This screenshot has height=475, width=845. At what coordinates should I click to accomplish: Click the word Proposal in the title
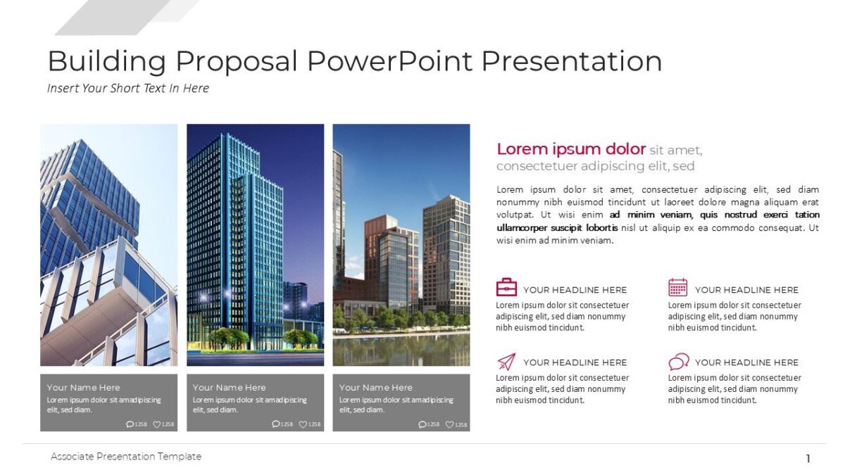[x=237, y=62]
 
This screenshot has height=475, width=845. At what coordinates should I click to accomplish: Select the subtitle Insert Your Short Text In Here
[x=128, y=88]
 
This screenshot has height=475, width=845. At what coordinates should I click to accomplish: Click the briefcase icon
[x=506, y=287]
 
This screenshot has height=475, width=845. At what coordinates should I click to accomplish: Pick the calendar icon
[x=677, y=287]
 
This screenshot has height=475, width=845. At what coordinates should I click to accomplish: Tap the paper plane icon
[x=506, y=362]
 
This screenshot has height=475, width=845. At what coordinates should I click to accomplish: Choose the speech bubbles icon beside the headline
[x=678, y=362]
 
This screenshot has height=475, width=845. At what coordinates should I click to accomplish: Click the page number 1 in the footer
[x=808, y=459]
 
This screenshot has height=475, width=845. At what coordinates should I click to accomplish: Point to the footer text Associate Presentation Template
[x=126, y=457]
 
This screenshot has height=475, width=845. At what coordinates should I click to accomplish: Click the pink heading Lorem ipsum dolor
[x=571, y=149]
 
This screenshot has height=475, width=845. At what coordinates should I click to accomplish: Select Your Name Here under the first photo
[x=83, y=387]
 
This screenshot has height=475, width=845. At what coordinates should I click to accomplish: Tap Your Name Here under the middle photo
[x=230, y=387]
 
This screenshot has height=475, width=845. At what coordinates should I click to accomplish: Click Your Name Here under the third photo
[x=375, y=387]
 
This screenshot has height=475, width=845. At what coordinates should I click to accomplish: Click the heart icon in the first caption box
[x=157, y=424]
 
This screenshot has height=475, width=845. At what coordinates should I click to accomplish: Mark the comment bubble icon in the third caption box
[x=422, y=424]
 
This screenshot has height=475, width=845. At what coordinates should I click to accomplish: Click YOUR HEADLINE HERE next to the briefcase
[x=575, y=290]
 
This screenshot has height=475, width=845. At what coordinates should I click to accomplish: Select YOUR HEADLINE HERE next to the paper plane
[x=575, y=362]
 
